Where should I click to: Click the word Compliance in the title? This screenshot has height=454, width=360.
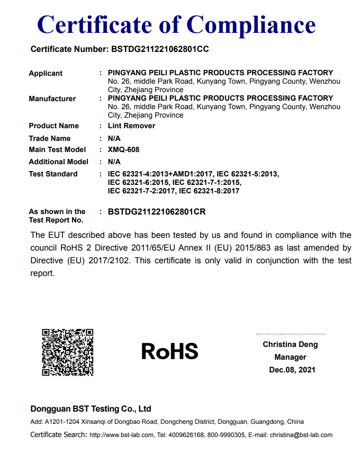click(251, 24)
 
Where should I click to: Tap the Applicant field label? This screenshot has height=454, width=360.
click(46, 73)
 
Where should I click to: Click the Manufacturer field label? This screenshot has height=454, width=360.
click(52, 99)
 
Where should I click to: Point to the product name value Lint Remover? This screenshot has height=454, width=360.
click(131, 126)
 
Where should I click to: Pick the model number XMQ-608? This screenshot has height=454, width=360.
click(123, 149)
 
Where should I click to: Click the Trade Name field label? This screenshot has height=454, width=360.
click(49, 138)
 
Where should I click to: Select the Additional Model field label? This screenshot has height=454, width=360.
click(58, 162)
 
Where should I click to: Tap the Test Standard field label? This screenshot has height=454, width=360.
click(53, 174)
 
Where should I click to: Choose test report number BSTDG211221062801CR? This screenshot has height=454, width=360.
click(157, 211)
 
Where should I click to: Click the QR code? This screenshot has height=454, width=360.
click(68, 352)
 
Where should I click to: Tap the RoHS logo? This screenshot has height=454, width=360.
click(169, 351)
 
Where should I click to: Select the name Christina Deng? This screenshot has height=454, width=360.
click(291, 344)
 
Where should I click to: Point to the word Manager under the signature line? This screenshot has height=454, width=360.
click(291, 357)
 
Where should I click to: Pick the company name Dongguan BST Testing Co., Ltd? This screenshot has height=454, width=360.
click(91, 408)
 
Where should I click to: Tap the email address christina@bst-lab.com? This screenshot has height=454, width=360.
click(301, 435)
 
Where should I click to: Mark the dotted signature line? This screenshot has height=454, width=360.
click(291, 334)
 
